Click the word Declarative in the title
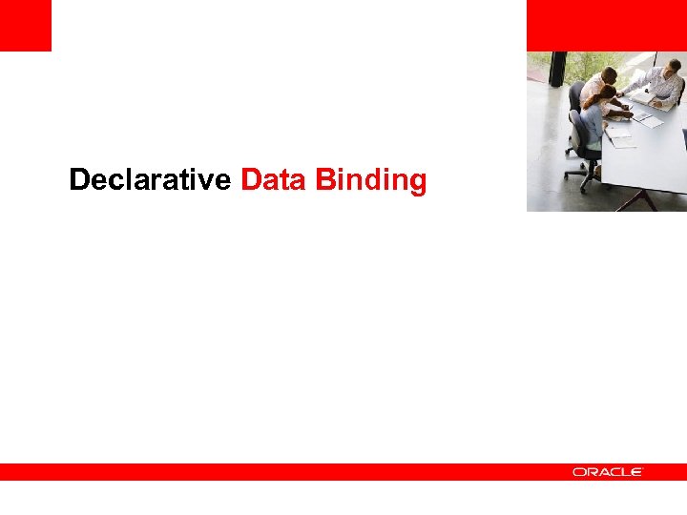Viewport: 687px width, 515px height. click(x=150, y=179)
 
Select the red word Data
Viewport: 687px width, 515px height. click(x=274, y=179)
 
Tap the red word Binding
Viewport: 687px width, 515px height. click(x=371, y=180)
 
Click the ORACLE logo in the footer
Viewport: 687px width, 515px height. click(x=608, y=472)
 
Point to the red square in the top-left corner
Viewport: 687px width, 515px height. click(x=25, y=25)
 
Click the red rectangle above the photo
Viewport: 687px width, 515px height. click(x=606, y=25)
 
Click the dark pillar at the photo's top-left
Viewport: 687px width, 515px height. click(x=558, y=69)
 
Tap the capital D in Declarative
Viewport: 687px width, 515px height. click(x=79, y=179)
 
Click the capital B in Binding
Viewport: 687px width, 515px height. click(x=324, y=179)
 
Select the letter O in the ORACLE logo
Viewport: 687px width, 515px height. click(x=578, y=472)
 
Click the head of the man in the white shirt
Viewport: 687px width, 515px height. click(x=609, y=75)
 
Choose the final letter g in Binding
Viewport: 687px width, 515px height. click(x=417, y=183)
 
